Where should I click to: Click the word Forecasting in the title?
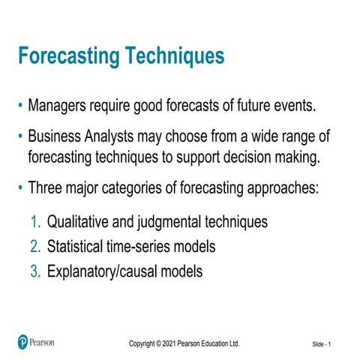[70, 57]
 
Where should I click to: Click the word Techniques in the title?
[176, 57]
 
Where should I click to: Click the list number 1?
[35, 223]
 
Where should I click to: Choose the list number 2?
[35, 247]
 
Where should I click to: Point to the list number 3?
[35, 271]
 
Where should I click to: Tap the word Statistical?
[78, 247]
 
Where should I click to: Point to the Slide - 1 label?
[327, 343]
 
